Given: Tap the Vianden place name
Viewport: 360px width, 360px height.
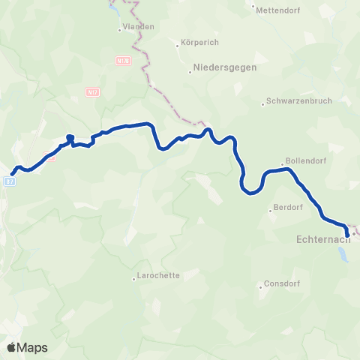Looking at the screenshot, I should click(x=139, y=26).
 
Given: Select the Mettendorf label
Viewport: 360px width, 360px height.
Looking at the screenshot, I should click(x=277, y=10).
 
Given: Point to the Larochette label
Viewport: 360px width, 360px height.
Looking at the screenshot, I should click(x=158, y=275).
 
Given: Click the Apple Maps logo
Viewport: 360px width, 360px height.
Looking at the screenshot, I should click(x=27, y=347).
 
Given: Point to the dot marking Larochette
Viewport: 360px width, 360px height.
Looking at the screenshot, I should click(x=133, y=276).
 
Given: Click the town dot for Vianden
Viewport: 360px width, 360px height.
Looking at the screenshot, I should click(x=120, y=30).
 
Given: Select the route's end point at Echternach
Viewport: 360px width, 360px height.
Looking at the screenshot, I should click(x=346, y=233).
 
